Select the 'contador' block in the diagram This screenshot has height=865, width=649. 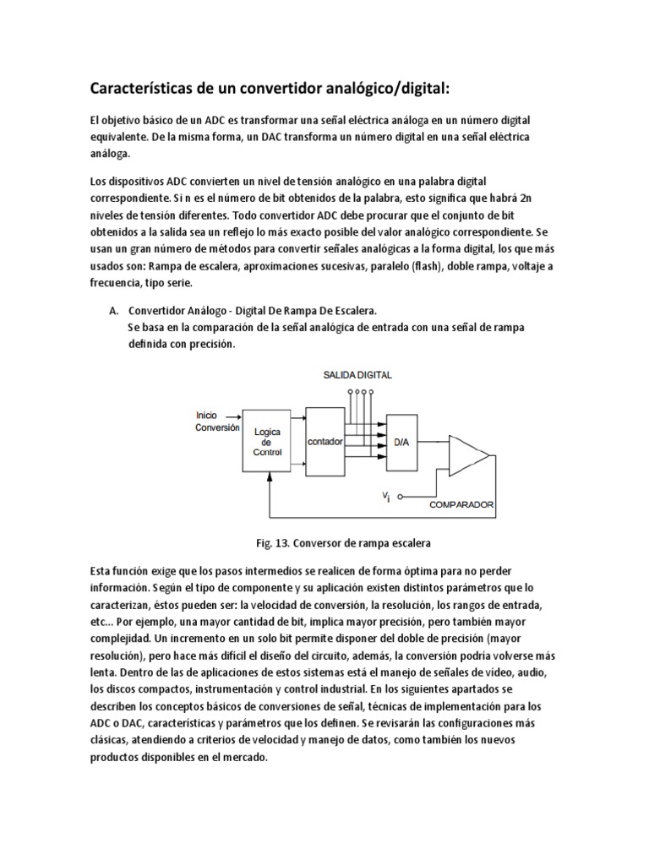coord(325,440)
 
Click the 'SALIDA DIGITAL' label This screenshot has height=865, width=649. coord(357,374)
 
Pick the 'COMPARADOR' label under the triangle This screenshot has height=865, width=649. coord(462,505)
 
